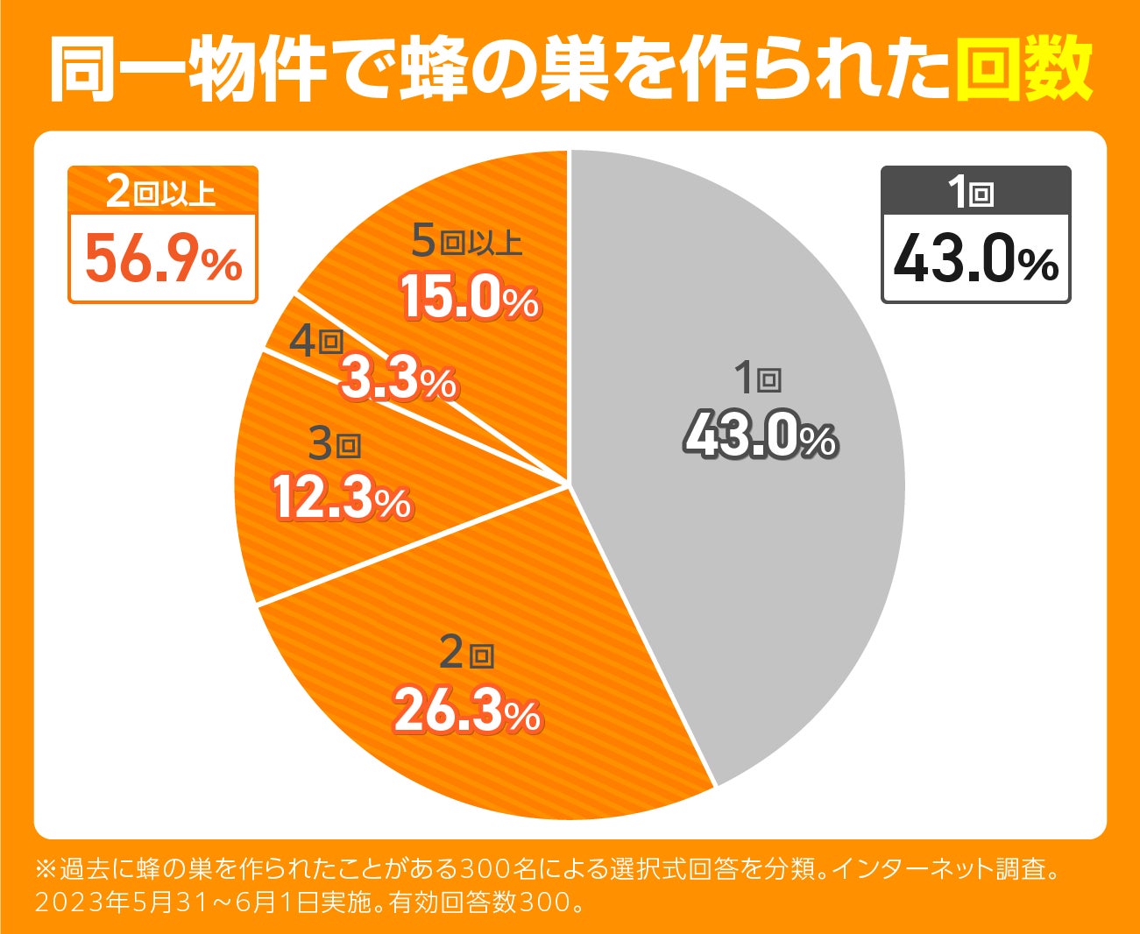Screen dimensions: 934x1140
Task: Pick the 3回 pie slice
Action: coord(289,543)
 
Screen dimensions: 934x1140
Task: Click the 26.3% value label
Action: coord(467,712)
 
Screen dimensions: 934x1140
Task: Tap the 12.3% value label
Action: coord(342,500)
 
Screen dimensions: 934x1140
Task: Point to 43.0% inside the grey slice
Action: coord(761,436)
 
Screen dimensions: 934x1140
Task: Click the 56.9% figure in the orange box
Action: coord(163,260)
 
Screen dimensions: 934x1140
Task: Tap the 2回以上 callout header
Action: coord(163,191)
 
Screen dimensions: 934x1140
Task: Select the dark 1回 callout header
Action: coord(975,191)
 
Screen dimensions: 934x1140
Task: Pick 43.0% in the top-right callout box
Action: coord(975,260)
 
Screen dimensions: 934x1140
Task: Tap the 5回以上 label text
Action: coord(466,242)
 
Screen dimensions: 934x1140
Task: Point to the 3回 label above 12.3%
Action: coord(335,446)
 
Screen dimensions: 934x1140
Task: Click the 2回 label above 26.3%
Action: coord(466,654)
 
